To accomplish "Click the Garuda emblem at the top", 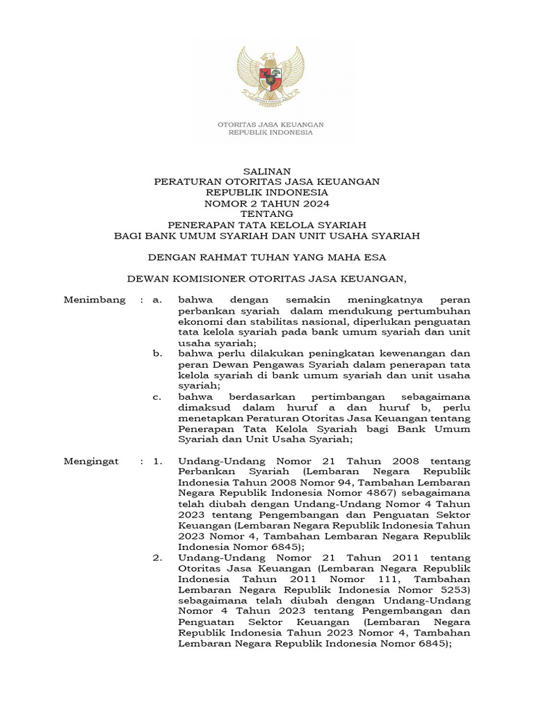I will coord(267,76).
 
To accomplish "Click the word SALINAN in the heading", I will coord(267,170).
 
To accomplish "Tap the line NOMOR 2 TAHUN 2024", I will coord(267,203).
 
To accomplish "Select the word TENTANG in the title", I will coord(267,214).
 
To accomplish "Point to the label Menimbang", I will coord(95,300).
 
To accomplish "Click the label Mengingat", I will coord(92,461).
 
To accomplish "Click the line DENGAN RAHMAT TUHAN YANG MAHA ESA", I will coord(267,257).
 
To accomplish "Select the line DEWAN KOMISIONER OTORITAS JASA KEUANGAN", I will coord(267,279).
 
